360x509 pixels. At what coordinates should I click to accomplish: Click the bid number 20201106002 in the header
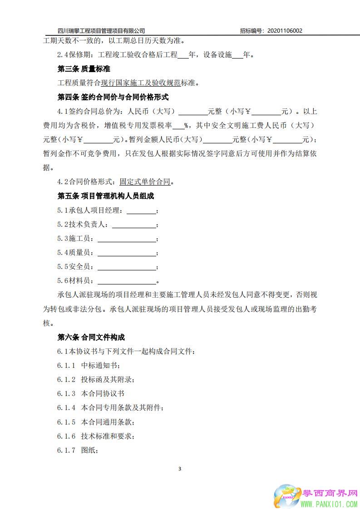285,31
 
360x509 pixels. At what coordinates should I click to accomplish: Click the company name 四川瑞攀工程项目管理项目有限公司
102,31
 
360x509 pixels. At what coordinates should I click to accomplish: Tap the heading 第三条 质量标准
84,69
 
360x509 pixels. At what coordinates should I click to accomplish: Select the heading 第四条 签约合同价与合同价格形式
113,97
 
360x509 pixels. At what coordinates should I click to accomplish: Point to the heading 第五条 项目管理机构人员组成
106,196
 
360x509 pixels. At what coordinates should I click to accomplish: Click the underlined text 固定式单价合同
145,182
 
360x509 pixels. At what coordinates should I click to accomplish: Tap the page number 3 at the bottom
180,469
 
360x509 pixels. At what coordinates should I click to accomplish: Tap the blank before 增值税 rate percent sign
178,126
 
